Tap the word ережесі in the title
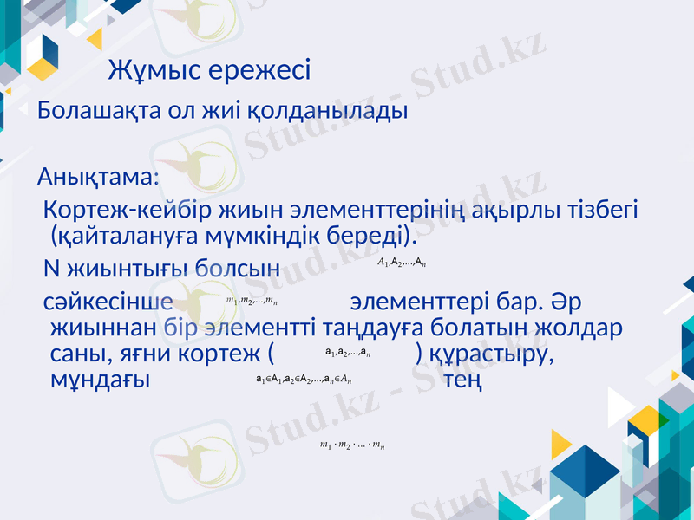point(261,70)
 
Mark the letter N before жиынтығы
point(51,265)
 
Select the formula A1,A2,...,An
point(402,262)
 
